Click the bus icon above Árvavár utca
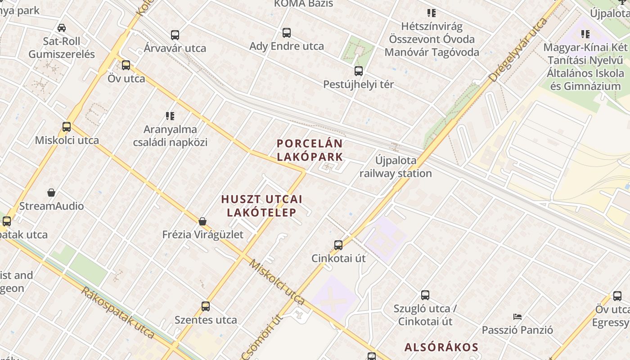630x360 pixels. [175, 35]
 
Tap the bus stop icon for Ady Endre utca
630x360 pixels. [287, 33]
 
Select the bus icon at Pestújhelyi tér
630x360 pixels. [359, 71]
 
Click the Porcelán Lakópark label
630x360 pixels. [310, 150]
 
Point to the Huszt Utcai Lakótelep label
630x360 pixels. [261, 206]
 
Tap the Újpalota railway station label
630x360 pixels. [396, 167]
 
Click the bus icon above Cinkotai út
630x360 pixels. [338, 245]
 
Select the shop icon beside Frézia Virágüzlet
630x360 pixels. [202, 221]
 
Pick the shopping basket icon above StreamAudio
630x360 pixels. [51, 193]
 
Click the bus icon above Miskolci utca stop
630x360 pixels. [67, 127]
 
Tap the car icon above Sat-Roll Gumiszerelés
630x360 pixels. [62, 28]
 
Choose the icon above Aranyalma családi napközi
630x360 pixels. [170, 116]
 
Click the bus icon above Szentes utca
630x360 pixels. [206, 306]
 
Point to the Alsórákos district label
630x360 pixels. [441, 347]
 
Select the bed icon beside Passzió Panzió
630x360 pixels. [517, 317]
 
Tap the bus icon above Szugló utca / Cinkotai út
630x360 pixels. [425, 295]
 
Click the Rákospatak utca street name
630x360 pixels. [118, 311]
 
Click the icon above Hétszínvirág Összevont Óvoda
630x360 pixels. [432, 13]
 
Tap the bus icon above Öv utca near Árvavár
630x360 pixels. [126, 65]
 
